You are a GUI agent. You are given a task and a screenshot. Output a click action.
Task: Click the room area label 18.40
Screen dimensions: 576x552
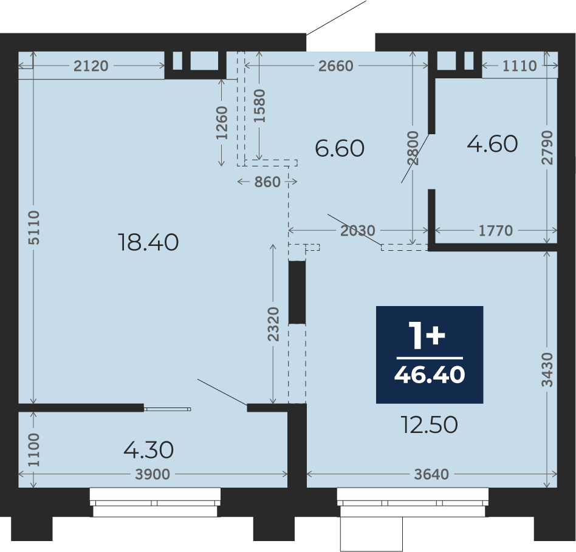(x=148, y=242)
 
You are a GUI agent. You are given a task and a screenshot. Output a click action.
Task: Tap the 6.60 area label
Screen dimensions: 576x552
(x=340, y=148)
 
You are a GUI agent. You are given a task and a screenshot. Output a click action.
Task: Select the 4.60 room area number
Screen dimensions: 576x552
(x=492, y=143)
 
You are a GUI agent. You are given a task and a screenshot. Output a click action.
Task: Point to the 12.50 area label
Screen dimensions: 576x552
(x=430, y=424)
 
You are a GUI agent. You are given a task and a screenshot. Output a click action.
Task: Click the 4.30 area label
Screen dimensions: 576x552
(x=148, y=450)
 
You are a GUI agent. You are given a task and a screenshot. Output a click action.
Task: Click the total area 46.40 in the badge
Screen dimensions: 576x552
(x=430, y=375)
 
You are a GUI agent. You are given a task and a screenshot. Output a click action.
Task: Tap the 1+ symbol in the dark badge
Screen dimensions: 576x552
(x=428, y=336)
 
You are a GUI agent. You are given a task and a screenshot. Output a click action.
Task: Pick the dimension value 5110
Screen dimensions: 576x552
(x=34, y=228)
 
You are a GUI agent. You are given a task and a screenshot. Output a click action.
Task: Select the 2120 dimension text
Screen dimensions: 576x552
(x=91, y=66)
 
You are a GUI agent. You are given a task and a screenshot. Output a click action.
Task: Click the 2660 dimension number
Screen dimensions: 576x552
(x=336, y=66)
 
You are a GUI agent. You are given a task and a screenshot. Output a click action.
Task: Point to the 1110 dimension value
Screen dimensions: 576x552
(x=519, y=66)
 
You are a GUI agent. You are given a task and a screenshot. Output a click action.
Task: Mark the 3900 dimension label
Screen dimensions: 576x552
(x=153, y=474)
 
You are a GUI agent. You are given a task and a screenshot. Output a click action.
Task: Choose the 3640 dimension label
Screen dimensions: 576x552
(x=431, y=474)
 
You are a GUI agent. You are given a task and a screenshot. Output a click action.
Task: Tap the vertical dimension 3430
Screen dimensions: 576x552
(x=547, y=369)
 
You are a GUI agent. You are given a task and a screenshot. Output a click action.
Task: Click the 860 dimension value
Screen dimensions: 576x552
(x=267, y=182)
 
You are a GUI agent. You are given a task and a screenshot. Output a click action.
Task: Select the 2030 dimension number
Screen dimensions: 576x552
(x=358, y=231)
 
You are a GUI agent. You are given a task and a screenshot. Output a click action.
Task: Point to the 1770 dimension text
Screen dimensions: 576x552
(x=496, y=231)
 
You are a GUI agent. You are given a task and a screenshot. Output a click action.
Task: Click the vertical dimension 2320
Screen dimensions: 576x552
(x=273, y=324)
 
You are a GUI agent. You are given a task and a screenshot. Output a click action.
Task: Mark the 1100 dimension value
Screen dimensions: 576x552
(x=34, y=450)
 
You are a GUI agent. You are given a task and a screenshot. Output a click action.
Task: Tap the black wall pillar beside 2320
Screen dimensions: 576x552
(x=297, y=292)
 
